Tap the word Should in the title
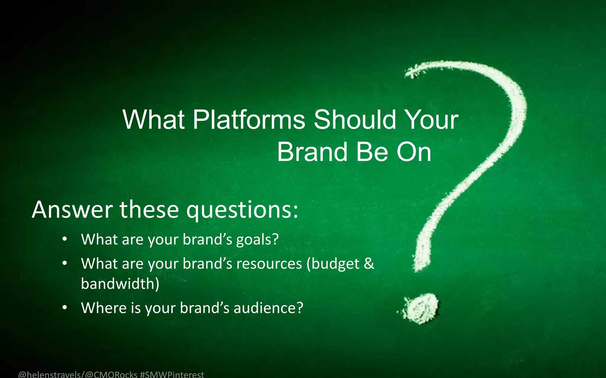click(x=354, y=120)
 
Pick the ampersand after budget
click(x=369, y=263)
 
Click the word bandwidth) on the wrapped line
click(x=120, y=284)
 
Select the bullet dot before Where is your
click(x=65, y=307)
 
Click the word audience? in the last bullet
click(x=268, y=308)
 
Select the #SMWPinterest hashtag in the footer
click(x=172, y=374)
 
